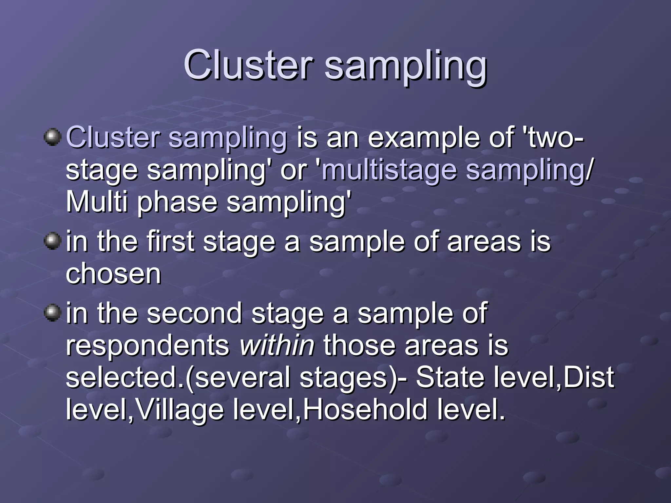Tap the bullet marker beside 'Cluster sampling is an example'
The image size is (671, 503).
coord(52,137)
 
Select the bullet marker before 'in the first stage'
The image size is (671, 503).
coord(52,241)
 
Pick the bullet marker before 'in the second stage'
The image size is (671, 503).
coord(52,312)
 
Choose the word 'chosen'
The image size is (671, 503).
coord(113,273)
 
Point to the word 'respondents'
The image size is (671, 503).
coord(148,346)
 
